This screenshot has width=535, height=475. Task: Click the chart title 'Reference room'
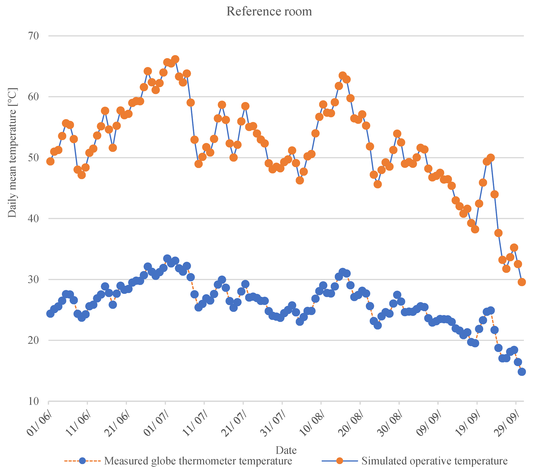[x=269, y=11]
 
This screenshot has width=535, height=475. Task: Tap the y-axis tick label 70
[x=33, y=36]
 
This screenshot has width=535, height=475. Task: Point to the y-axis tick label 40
[x=33, y=218]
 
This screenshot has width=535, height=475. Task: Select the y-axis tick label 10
[x=33, y=401]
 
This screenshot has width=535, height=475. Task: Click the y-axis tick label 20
[x=33, y=340]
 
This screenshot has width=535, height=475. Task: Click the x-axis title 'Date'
[x=286, y=450]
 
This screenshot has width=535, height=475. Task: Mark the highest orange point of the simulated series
[x=175, y=59]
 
